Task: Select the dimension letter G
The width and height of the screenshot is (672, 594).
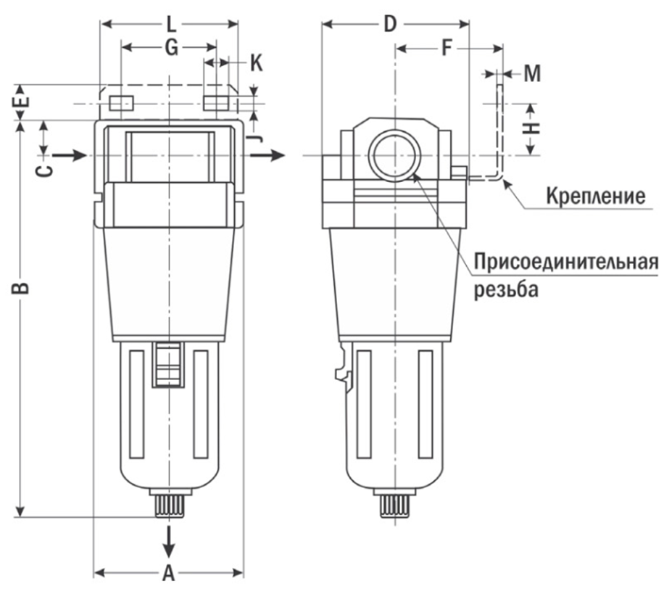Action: point(170,48)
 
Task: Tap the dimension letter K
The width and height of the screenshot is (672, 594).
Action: point(256,63)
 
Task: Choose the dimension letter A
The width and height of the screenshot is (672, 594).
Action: point(168,574)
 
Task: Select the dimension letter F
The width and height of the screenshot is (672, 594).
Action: point(447,49)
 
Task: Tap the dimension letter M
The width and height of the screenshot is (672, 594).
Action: point(532,73)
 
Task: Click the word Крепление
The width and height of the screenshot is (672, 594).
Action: point(595,196)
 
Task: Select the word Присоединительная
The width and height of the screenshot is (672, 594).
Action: point(566,262)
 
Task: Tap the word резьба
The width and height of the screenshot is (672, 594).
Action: point(507,290)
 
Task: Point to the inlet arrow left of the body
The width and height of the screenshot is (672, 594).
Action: point(72,154)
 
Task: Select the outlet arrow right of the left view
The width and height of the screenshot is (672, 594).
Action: point(272,154)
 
